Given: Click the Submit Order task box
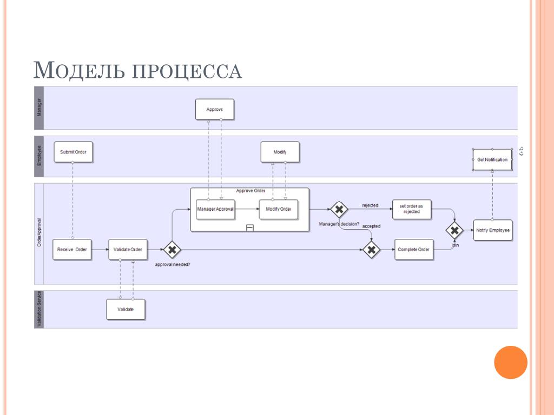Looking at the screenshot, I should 73,152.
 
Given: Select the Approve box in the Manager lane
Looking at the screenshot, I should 215,109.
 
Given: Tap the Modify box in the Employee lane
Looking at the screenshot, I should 280,152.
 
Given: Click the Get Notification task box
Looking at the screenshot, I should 492,159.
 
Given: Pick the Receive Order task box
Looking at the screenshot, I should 72,249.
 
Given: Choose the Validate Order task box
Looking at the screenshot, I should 128,249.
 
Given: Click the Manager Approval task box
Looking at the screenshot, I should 215,209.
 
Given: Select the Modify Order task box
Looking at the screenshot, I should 279,209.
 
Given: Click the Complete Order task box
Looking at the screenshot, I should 414,249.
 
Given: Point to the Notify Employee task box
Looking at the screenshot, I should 492,230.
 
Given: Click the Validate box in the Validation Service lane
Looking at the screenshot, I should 126,309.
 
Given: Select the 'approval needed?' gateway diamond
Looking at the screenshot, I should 172,250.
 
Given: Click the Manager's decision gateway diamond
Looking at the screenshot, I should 339,209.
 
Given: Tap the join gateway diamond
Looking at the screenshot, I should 454,231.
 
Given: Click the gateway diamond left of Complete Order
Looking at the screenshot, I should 371,250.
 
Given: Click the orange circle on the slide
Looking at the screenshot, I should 511,362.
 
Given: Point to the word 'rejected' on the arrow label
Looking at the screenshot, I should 370,205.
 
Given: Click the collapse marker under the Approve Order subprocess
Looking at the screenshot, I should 249,228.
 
